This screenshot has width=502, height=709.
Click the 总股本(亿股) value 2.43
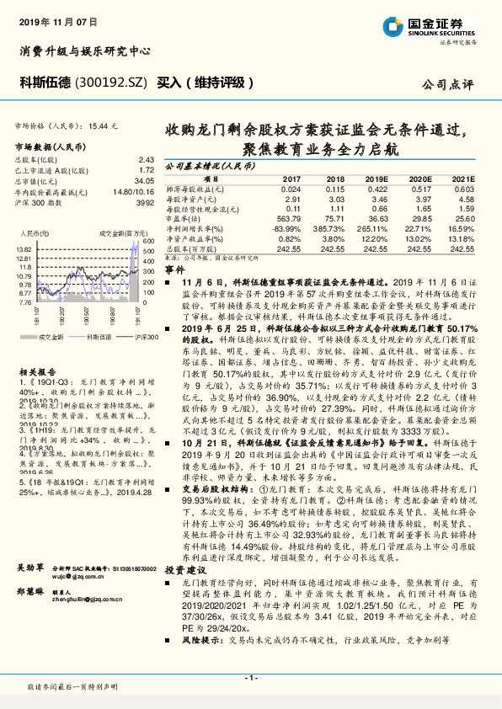pyautogui.click(x=146, y=159)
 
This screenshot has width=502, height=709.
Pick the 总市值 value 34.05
pyautogui.click(x=144, y=180)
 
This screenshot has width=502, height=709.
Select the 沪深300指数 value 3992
pyautogui.click(x=144, y=202)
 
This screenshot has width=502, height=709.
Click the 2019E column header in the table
pyautogui.click(x=379, y=180)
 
